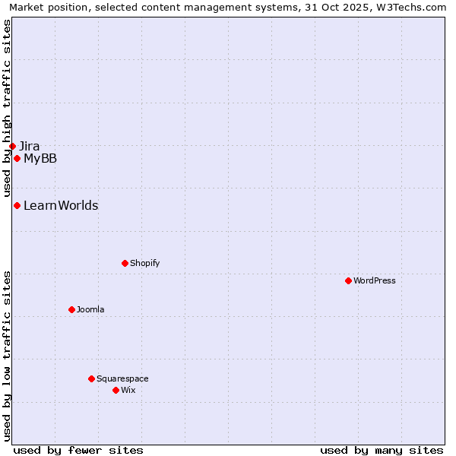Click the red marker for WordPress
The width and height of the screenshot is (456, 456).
(x=348, y=280)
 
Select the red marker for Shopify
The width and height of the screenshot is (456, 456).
(x=125, y=263)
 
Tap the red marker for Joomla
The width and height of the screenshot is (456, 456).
(x=71, y=309)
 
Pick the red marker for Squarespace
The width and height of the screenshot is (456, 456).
(x=91, y=378)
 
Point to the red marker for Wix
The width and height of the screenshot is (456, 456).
(x=116, y=390)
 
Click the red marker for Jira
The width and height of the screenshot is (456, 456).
(x=12, y=146)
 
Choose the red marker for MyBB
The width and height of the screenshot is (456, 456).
(x=17, y=158)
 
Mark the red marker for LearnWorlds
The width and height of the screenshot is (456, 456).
(x=17, y=205)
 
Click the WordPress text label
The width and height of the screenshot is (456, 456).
(x=375, y=280)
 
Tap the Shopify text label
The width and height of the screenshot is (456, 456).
(x=144, y=263)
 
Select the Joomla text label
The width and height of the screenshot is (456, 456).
(x=90, y=309)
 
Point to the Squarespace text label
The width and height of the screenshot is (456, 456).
(x=122, y=378)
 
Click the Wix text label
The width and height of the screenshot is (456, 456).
(x=128, y=390)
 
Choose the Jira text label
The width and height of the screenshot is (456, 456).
(x=30, y=146)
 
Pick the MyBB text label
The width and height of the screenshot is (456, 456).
(x=40, y=158)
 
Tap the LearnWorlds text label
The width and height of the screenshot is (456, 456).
(x=61, y=205)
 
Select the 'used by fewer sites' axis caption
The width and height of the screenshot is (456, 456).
(x=78, y=450)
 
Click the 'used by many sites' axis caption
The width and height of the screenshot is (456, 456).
(x=382, y=450)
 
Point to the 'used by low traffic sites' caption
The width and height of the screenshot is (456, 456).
(x=7, y=355)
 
